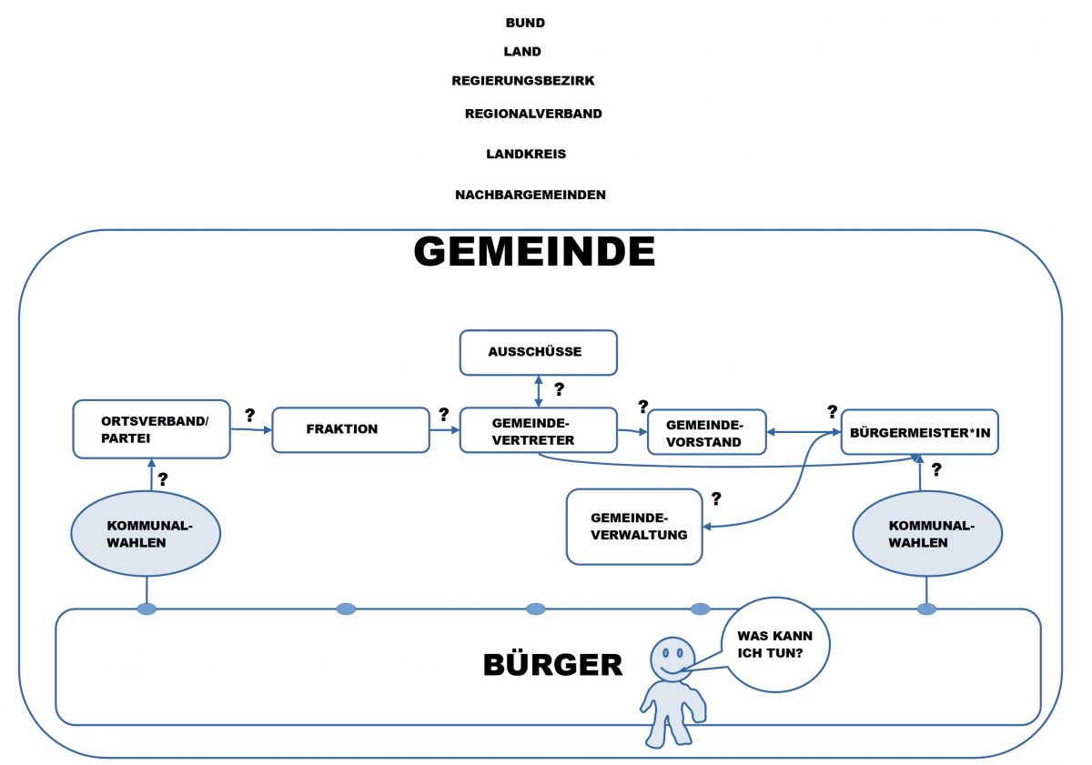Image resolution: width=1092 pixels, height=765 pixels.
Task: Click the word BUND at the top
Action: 525,23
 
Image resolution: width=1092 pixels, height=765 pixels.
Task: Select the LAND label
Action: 522,52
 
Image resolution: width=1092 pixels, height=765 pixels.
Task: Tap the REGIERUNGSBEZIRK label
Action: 523,81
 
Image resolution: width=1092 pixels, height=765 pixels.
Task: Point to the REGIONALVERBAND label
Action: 533,114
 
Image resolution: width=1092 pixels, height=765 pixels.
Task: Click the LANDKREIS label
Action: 526,154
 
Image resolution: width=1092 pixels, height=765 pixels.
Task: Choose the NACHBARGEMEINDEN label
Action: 531,195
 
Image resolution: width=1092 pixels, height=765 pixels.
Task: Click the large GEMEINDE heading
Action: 534,252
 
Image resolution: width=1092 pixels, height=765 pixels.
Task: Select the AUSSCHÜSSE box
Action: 539,352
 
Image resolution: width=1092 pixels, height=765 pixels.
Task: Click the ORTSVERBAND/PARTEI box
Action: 151,428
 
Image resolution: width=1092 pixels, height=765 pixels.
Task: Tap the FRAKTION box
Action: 350,429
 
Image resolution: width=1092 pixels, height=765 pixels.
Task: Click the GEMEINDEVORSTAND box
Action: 706,433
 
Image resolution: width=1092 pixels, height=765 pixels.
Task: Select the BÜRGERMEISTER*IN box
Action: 919,432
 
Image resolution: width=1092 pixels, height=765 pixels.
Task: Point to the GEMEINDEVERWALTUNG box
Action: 634,527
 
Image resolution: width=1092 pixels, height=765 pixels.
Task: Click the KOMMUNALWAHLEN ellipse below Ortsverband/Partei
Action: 147,534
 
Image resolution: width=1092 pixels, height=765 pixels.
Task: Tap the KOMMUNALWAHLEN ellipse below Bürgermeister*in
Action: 926,534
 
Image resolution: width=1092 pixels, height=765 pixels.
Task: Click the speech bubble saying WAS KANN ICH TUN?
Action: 776,644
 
